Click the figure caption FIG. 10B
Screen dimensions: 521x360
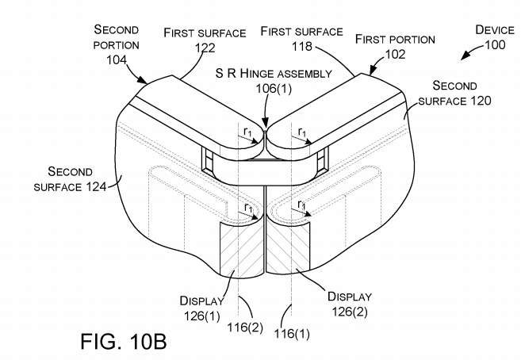(124, 341)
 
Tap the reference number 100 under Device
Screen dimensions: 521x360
(495, 45)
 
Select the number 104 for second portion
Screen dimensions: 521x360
(117, 59)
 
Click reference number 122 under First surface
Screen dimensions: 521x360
(205, 48)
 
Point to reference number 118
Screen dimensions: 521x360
(302, 46)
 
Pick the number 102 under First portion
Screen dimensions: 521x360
(395, 54)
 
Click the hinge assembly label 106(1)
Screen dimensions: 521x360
(274, 88)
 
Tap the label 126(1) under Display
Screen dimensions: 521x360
(202, 316)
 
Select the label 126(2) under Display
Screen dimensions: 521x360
(350, 312)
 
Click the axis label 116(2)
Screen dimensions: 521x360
(245, 327)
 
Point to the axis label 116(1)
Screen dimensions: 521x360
(292, 333)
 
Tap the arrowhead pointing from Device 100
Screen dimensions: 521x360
(465, 56)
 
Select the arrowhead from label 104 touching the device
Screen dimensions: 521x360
(142, 80)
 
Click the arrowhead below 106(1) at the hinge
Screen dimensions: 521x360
(265, 125)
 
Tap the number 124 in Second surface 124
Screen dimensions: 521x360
(96, 186)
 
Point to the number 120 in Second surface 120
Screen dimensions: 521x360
(481, 100)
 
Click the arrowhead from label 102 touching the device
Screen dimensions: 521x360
(373, 70)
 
